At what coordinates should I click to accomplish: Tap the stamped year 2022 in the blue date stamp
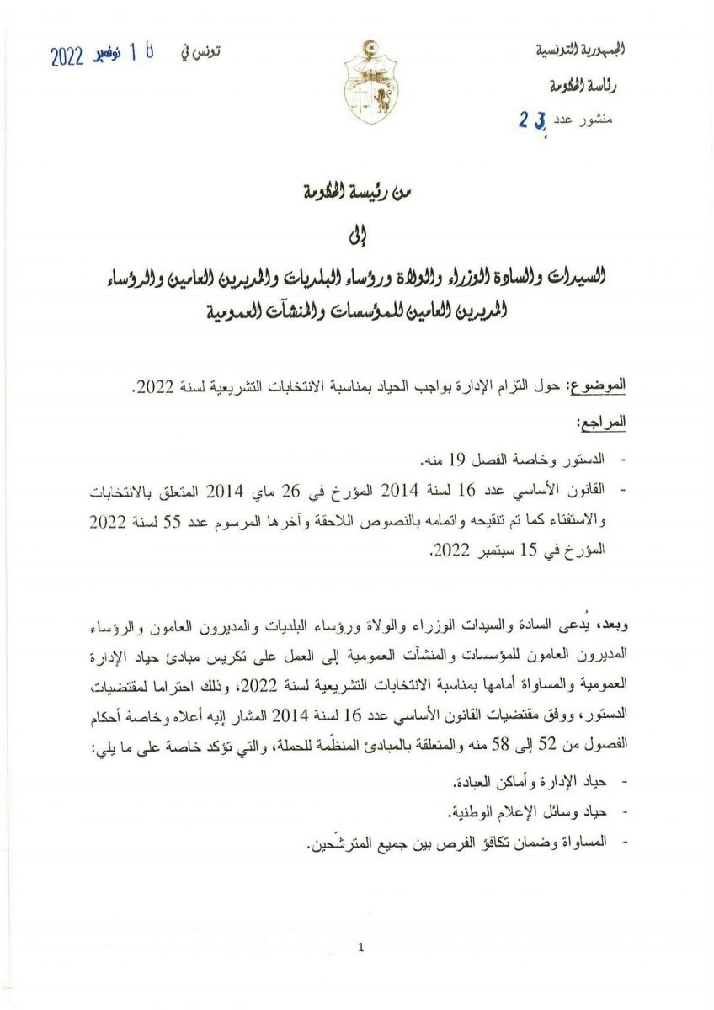pyautogui.click(x=66, y=56)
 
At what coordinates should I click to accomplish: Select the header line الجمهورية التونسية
pyautogui.click(x=576, y=50)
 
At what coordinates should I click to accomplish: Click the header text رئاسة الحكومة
pyautogui.click(x=583, y=85)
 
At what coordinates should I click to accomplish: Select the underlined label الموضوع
pyautogui.click(x=597, y=386)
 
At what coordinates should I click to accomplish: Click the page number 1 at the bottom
pyautogui.click(x=360, y=947)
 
